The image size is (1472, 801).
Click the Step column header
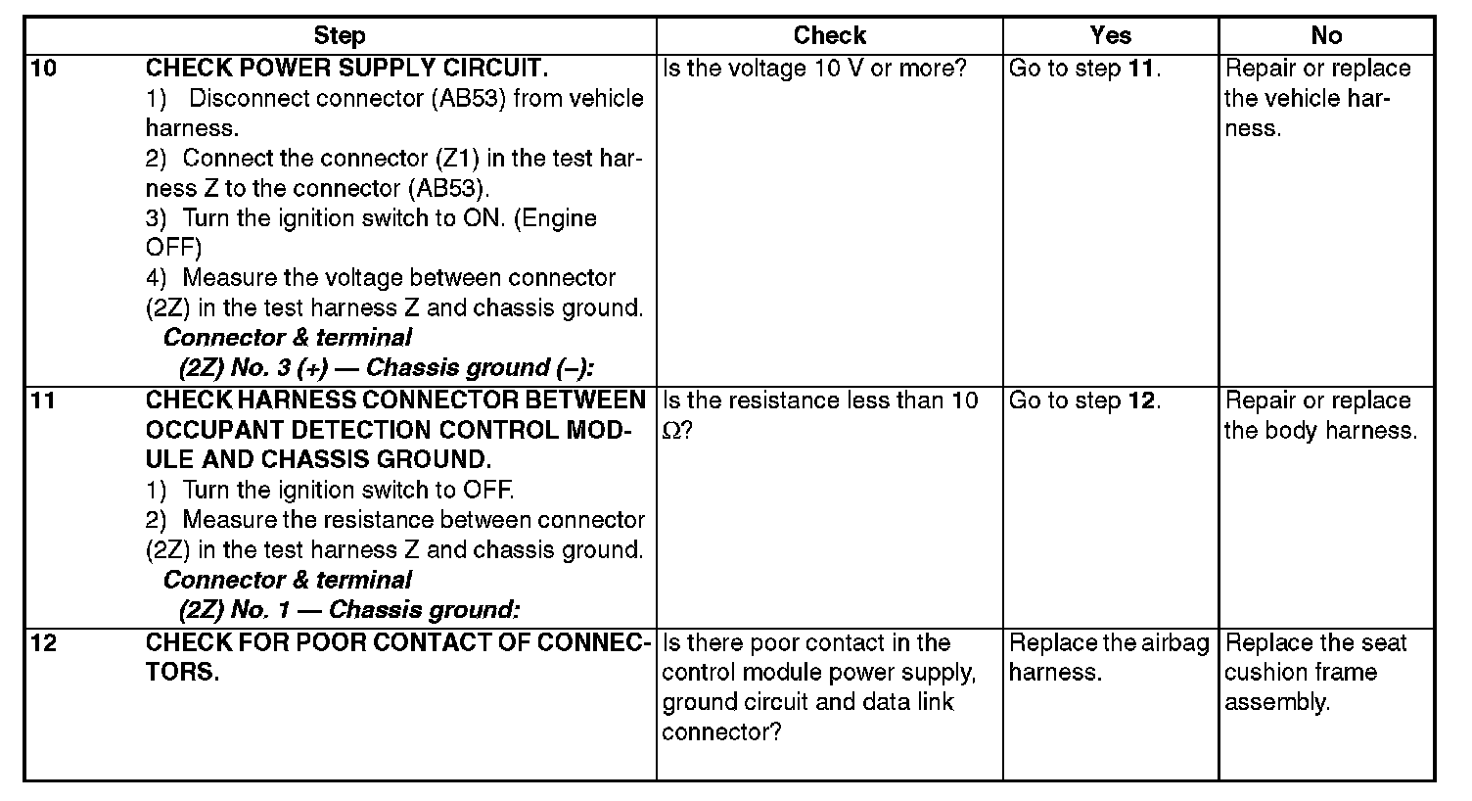pos(340,36)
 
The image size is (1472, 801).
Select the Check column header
pos(829,36)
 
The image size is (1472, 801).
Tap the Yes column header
pos(1110,36)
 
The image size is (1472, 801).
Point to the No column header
pos(1326,36)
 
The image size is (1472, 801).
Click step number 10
pos(44,69)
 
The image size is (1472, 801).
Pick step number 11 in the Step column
pos(44,400)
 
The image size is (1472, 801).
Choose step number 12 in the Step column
pos(44,642)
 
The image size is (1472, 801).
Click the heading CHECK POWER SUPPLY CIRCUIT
pos(346,69)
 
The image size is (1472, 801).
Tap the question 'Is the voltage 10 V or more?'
pos(814,69)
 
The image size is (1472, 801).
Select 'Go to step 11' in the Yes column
pos(1084,69)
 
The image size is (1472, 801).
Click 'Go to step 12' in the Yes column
pos(1084,400)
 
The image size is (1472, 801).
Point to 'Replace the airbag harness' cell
pos(1109,657)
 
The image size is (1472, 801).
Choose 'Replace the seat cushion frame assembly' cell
pos(1314,672)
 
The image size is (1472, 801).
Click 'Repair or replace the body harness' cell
pos(1320,415)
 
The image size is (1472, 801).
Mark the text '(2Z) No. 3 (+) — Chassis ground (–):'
pos(387,368)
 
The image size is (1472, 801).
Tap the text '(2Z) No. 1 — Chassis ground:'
pos(348,610)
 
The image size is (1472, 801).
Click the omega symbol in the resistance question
pos(671,431)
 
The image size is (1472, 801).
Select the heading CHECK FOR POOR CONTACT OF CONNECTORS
pos(397,657)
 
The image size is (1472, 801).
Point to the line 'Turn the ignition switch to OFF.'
pos(347,490)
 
